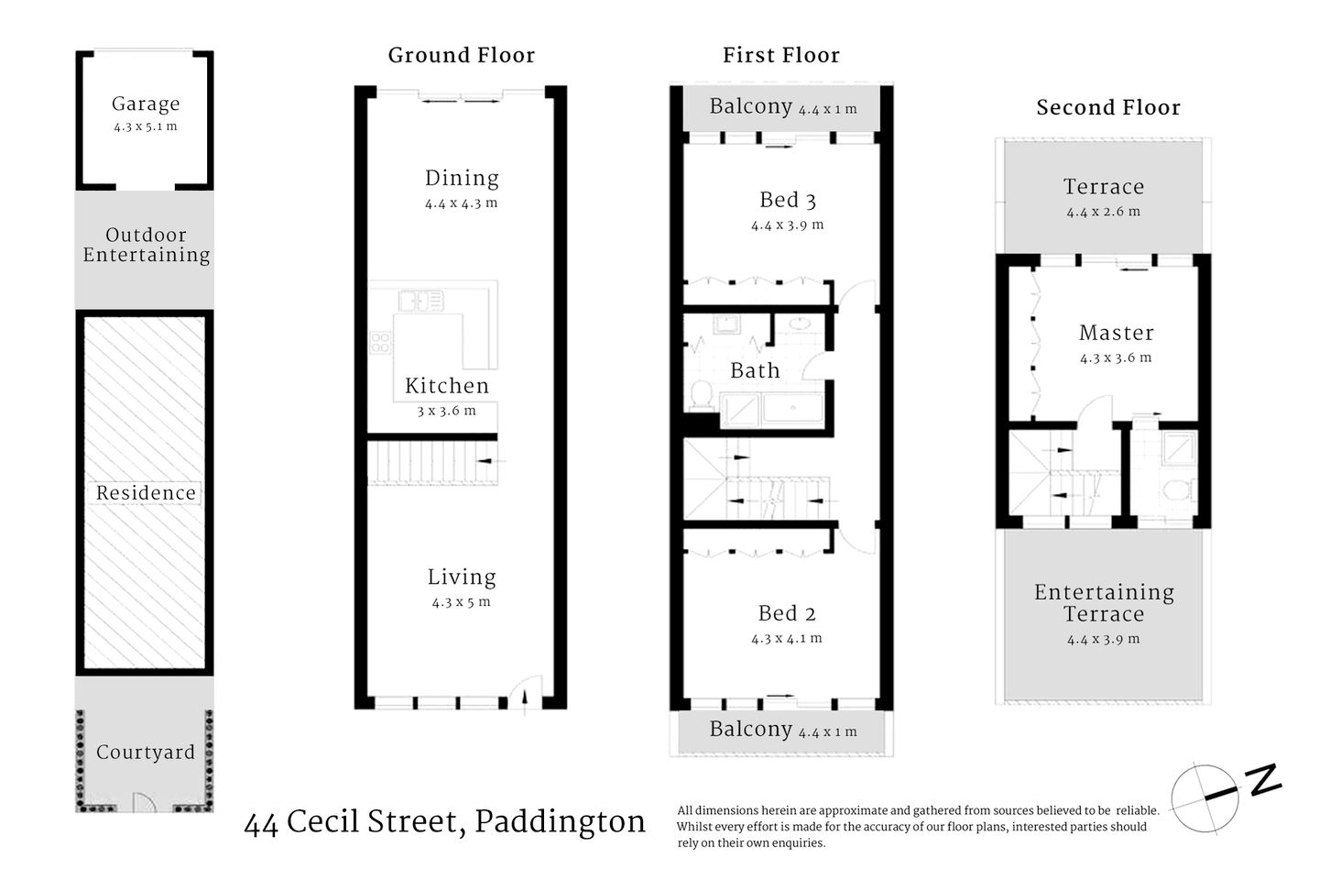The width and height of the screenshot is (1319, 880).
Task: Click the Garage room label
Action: (145, 104)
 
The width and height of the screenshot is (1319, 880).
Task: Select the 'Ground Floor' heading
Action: (461, 56)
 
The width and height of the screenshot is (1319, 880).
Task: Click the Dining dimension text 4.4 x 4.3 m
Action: (461, 203)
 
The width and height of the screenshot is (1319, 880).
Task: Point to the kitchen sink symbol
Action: (420, 300)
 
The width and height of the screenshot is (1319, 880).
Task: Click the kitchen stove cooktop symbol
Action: (380, 343)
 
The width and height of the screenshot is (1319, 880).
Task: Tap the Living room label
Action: (462, 577)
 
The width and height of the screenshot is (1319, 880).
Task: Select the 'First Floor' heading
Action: (780, 56)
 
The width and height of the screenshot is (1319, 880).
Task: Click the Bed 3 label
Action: (787, 200)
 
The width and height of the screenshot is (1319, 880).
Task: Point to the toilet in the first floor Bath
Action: (702, 394)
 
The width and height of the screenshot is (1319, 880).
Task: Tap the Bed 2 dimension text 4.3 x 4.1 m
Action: (787, 638)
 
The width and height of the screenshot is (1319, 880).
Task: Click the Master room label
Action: (1116, 333)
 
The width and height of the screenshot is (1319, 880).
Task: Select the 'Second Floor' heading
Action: (1107, 108)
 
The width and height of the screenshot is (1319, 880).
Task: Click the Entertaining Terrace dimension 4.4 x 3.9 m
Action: (1103, 639)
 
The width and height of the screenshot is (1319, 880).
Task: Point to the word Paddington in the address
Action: (560, 822)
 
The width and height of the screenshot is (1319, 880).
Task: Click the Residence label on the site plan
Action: (146, 493)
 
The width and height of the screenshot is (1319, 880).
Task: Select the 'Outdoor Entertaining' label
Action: (146, 246)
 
